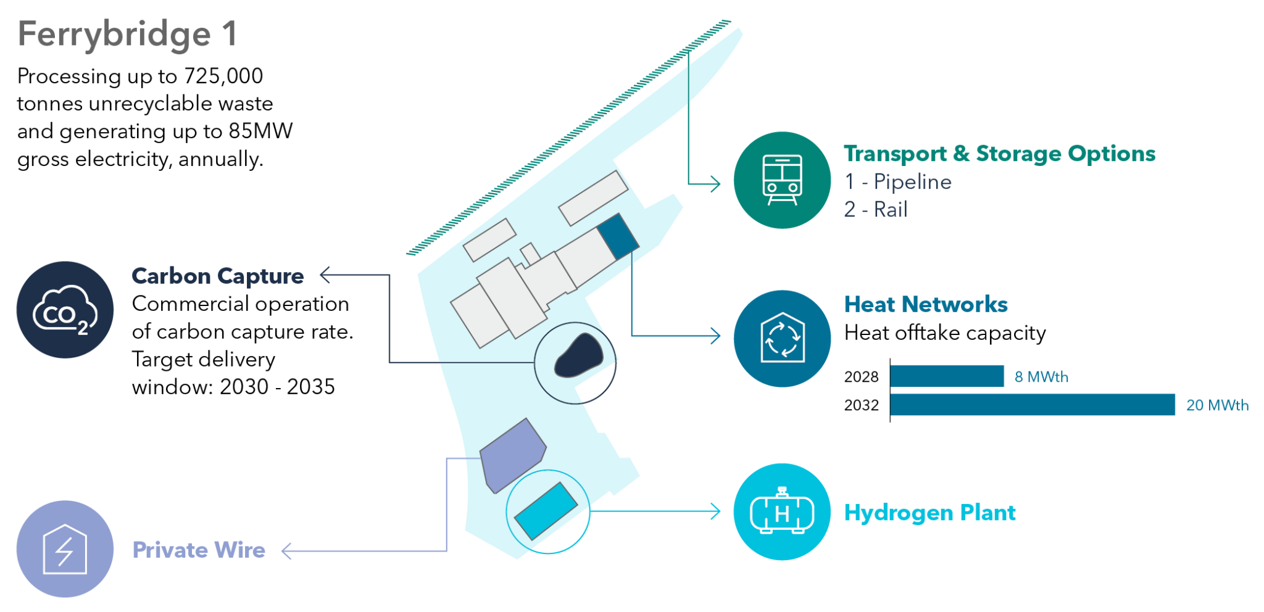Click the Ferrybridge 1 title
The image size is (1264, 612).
pyautogui.click(x=127, y=34)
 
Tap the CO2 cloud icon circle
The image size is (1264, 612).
pyautogui.click(x=65, y=310)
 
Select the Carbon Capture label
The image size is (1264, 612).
pyautogui.click(x=217, y=276)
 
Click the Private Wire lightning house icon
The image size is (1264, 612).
pyautogui.click(x=65, y=548)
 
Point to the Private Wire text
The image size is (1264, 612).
pyautogui.click(x=199, y=550)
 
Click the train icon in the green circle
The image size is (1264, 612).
pyautogui.click(x=782, y=180)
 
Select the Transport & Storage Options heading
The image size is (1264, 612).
pyautogui.click(x=999, y=154)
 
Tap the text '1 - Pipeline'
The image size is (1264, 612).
pyautogui.click(x=897, y=182)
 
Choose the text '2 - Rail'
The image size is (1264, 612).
pyautogui.click(x=876, y=210)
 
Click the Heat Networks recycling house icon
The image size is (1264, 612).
pyautogui.click(x=782, y=338)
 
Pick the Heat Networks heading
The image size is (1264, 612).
pyautogui.click(x=926, y=304)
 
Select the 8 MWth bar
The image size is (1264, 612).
pyautogui.click(x=947, y=376)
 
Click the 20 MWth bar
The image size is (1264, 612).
pyautogui.click(x=1033, y=405)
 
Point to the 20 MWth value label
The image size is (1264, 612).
pyautogui.click(x=1217, y=405)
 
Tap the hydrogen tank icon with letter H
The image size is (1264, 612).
pyautogui.click(x=782, y=511)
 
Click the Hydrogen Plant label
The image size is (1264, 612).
pyautogui.click(x=929, y=513)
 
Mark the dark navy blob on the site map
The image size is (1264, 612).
pyautogui.click(x=578, y=355)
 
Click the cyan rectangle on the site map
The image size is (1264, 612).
pyautogui.click(x=546, y=510)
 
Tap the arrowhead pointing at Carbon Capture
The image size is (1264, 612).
pyautogui.click(x=325, y=275)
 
